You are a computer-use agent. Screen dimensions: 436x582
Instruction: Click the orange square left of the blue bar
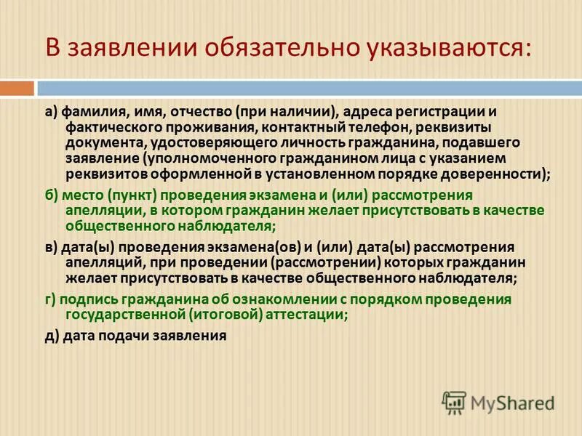(x=17, y=89)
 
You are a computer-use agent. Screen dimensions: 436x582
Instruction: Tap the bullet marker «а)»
(x=51, y=113)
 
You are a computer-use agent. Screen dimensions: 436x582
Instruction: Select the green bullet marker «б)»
(x=51, y=195)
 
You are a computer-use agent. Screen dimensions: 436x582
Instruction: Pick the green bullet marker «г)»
(x=50, y=299)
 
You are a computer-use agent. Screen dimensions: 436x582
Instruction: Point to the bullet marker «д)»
(x=51, y=336)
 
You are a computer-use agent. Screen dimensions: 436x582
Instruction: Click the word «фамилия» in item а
(x=88, y=113)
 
